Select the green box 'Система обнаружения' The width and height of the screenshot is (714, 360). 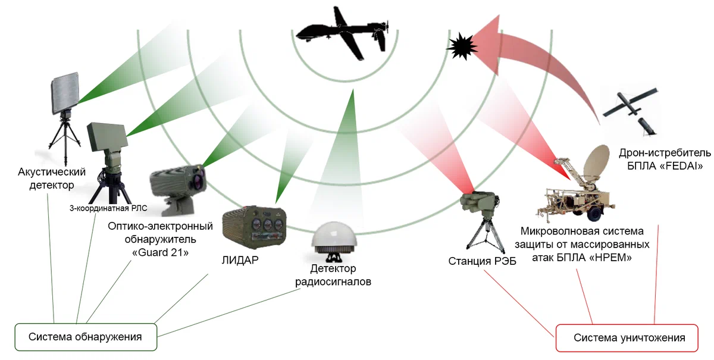point(85,337)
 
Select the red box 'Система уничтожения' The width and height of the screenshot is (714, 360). point(629,338)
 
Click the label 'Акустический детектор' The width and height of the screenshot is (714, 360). point(52,179)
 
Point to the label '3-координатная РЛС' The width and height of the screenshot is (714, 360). point(108,208)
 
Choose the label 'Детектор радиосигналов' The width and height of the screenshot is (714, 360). point(333,276)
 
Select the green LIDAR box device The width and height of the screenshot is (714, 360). point(252,226)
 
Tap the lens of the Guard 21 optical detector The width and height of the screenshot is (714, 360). point(196,174)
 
